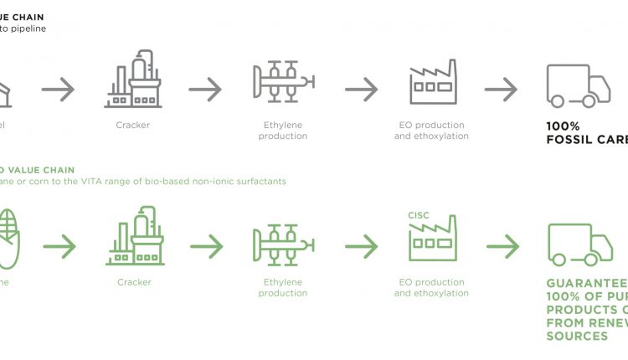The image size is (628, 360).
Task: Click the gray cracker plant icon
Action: (x=133, y=80)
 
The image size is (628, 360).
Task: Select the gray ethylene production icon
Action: (x=283, y=81)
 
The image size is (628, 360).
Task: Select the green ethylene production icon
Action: (x=283, y=244)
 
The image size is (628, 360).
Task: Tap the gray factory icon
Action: (x=432, y=82)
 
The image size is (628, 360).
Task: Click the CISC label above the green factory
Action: (x=419, y=215)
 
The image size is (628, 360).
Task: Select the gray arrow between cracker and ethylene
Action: (x=206, y=88)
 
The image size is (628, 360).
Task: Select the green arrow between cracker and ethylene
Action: (x=206, y=246)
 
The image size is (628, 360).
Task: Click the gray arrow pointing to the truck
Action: (x=501, y=88)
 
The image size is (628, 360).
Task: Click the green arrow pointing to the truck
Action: (x=502, y=246)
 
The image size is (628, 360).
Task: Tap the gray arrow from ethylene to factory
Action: (x=361, y=88)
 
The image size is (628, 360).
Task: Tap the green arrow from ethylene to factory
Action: (x=361, y=246)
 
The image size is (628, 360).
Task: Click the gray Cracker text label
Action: (x=133, y=125)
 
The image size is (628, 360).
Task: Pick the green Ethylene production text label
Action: (x=283, y=287)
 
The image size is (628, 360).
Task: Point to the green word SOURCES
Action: (x=577, y=336)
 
